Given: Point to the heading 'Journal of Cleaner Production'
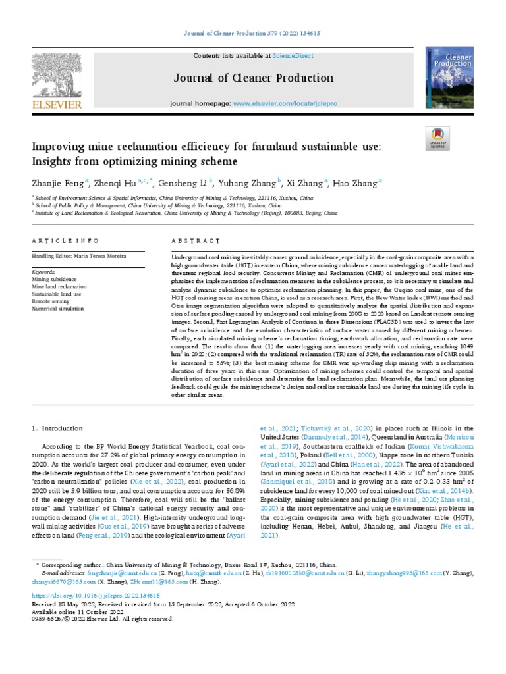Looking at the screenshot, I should [254, 78].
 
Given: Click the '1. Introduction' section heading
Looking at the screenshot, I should [58, 428].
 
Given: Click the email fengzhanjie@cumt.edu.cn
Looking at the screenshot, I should [98, 573].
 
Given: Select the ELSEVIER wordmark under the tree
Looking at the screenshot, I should [57, 104].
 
